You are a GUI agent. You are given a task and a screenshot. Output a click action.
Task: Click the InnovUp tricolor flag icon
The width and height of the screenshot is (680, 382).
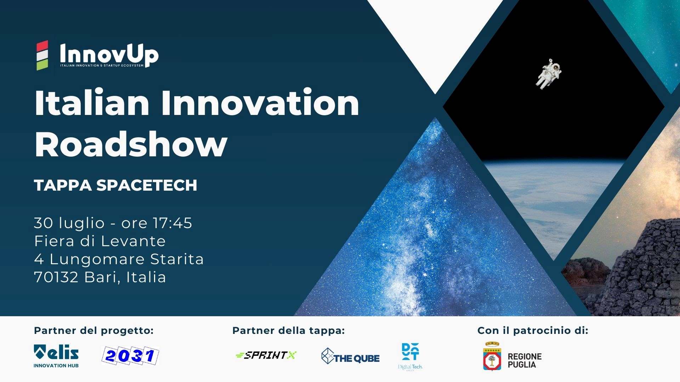[42, 56]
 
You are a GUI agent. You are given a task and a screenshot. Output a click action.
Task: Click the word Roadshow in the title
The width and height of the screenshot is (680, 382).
[130, 144]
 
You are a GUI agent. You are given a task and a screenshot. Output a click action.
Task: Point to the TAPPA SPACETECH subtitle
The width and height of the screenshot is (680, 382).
[115, 185]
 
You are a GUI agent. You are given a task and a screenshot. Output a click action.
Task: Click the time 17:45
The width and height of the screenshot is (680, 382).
[172, 223]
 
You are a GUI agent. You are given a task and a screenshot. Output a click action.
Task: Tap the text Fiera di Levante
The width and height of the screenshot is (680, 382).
[100, 241]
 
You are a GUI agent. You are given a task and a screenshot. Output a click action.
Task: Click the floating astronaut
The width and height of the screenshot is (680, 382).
[548, 74]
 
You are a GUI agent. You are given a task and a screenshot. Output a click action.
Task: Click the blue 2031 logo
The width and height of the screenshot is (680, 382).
[130, 356]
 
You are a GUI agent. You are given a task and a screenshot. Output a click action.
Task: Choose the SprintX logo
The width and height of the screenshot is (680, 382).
[266, 355]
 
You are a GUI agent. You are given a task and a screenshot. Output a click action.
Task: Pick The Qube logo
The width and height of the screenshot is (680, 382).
[350, 357]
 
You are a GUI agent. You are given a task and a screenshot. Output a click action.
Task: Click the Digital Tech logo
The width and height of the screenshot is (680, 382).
[410, 356]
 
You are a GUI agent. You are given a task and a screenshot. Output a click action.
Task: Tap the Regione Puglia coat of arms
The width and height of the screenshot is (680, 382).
[492, 357]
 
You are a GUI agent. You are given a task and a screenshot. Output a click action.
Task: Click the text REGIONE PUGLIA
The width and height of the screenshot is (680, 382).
[525, 360]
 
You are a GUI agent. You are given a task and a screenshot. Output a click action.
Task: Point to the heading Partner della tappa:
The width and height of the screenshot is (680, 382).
[288, 331]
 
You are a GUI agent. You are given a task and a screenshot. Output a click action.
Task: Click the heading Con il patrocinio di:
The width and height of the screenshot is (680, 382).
[533, 331]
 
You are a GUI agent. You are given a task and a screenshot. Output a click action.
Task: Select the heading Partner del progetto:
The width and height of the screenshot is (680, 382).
[93, 331]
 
